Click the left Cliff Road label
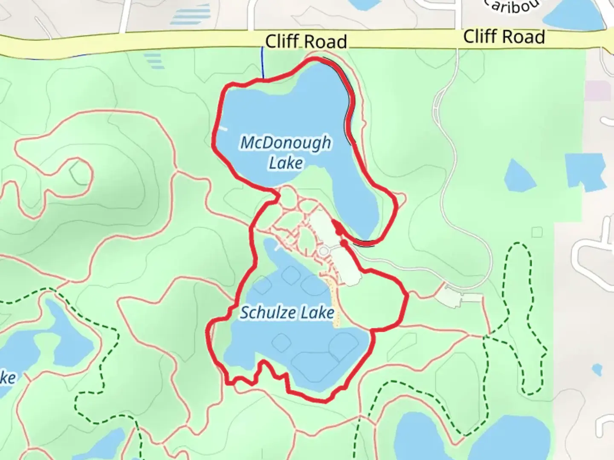click(x=306, y=42)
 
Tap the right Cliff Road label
click(x=504, y=37)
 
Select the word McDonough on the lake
click(x=285, y=142)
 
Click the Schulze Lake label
click(x=287, y=313)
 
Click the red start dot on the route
click(x=344, y=242)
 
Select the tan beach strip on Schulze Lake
click(x=336, y=305)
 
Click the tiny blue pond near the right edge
click(x=597, y=369)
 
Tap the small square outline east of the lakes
click(x=537, y=232)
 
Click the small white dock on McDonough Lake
click(x=222, y=128)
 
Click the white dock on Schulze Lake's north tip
click(x=278, y=246)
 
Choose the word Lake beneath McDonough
click(x=286, y=163)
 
